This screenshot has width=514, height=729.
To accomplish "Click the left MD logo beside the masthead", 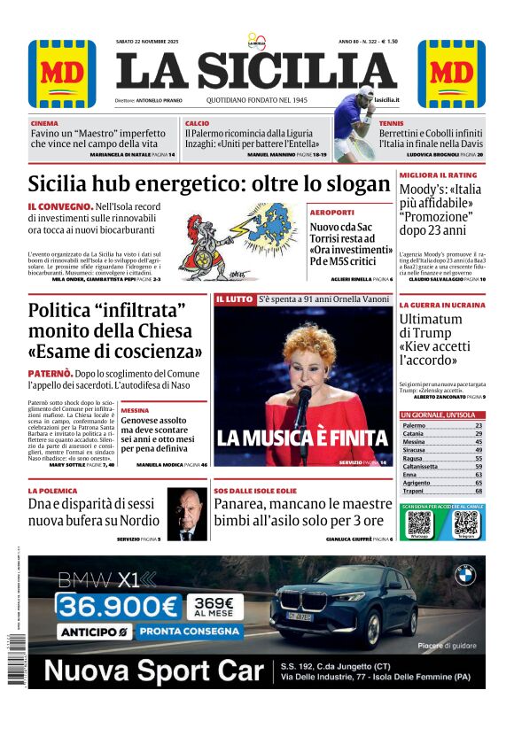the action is (62, 73).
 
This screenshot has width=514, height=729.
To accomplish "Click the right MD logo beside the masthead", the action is (451, 73).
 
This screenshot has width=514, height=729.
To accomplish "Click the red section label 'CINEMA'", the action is (44, 123).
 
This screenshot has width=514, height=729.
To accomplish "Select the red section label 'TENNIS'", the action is (391, 123).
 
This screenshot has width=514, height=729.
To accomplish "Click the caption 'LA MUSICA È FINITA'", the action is (302, 437).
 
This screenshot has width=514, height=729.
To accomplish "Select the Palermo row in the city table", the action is (442, 426).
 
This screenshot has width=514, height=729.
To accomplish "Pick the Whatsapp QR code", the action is (419, 522).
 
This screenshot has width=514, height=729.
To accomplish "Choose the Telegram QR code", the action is (465, 522).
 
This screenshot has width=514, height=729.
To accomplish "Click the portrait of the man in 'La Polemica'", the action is (187, 514).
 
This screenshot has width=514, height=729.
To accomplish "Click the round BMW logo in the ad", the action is (465, 576).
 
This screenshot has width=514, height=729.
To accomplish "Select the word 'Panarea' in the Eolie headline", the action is (245, 503).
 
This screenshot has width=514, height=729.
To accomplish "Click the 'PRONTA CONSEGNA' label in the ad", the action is (191, 632).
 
